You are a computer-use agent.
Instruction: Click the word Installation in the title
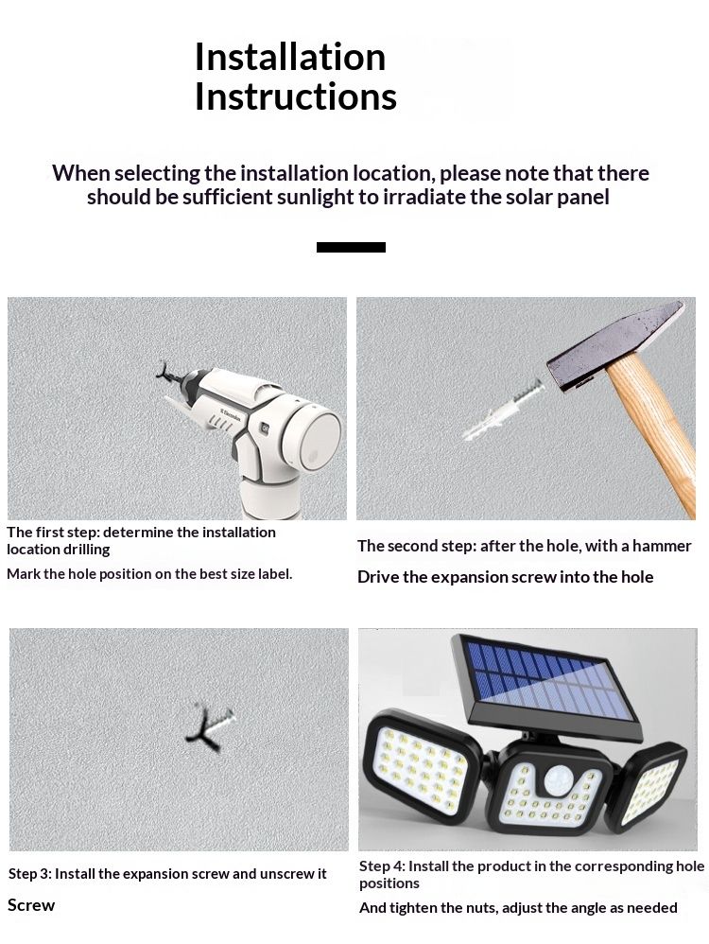pos(290,57)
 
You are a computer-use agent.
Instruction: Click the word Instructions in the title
pos(296,96)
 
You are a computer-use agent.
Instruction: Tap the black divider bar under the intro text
pos(351,247)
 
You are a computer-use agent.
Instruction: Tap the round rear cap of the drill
pos(312,435)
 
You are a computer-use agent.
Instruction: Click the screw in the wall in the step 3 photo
pos(210,727)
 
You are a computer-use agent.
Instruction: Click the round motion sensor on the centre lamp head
pos(558,781)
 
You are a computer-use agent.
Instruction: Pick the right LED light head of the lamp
pos(647,785)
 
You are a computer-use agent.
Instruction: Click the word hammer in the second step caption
pos(662,546)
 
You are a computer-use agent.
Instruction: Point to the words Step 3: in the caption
pos(29,874)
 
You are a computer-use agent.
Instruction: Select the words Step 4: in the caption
pos(382,866)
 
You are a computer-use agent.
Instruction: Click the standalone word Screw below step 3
pos(31,905)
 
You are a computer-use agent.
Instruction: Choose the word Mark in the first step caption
pos(23,574)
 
